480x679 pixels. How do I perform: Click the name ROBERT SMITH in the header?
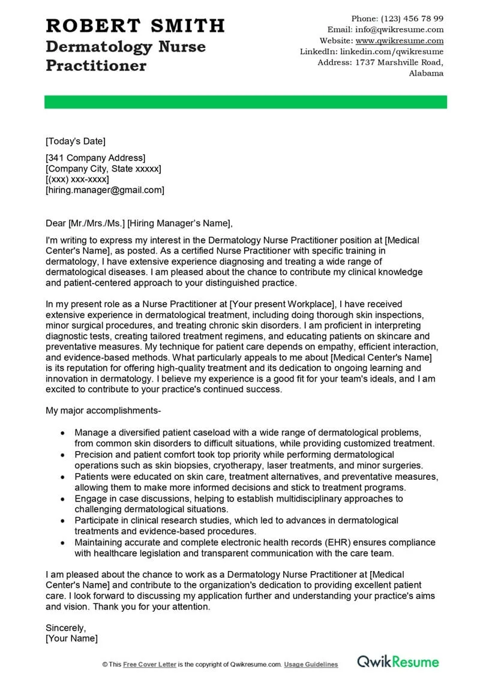coord(135,25)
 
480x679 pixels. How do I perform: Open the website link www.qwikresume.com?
coord(400,41)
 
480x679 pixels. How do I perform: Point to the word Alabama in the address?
coord(426,73)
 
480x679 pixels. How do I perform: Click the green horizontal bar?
coord(245,102)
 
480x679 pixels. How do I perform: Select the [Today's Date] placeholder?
coord(76,141)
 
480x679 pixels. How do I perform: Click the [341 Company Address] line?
coord(95,158)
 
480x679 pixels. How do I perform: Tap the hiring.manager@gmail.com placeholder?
coord(105,190)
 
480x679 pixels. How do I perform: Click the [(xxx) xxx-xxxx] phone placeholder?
coord(77,179)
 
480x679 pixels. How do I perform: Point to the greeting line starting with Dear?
coord(138,223)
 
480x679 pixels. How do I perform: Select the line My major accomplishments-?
coord(103,411)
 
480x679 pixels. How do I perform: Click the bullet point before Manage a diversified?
coord(63,432)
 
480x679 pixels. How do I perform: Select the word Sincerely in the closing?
coord(66,628)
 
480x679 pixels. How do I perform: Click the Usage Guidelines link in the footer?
coord(311,665)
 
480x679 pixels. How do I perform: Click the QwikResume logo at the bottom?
coord(398,662)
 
